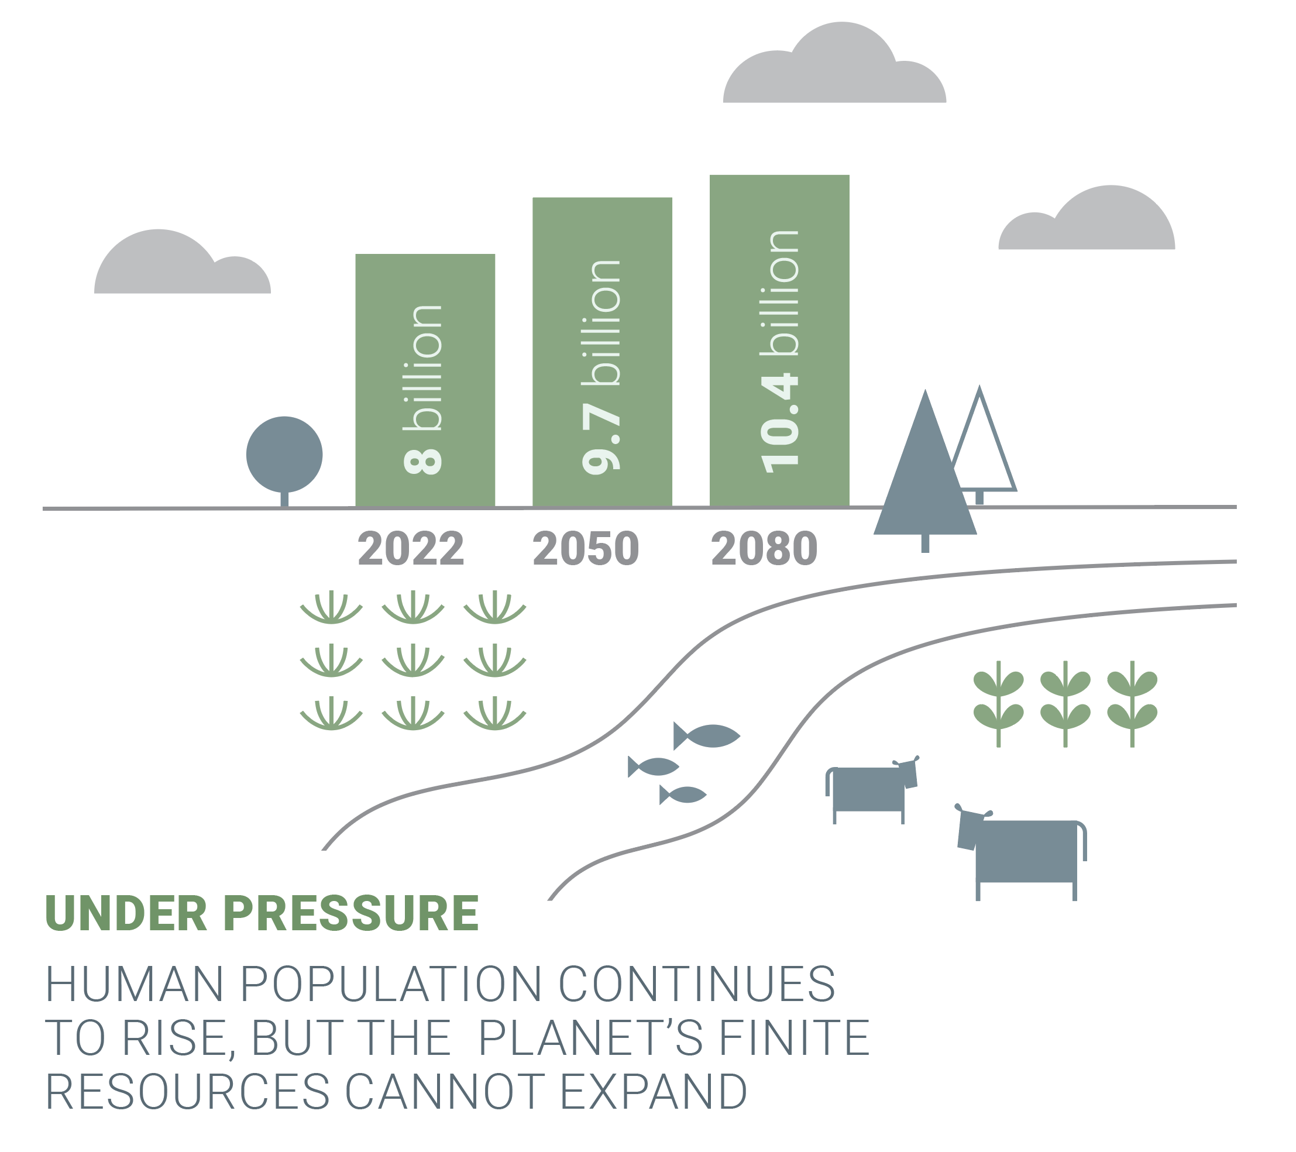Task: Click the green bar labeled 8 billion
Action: pos(425,380)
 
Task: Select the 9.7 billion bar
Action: pos(601,352)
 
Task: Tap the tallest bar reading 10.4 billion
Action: pos(779,341)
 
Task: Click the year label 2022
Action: pos(411,548)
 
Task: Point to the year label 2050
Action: pos(586,548)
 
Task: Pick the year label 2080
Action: pos(764,548)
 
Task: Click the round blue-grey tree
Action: pos(284,455)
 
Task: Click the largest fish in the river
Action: pos(710,736)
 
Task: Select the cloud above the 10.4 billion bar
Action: pos(834,70)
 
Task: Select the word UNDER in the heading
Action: pos(126,914)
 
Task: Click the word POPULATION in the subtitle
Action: pos(391,984)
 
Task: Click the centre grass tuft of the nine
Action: pos(412,661)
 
